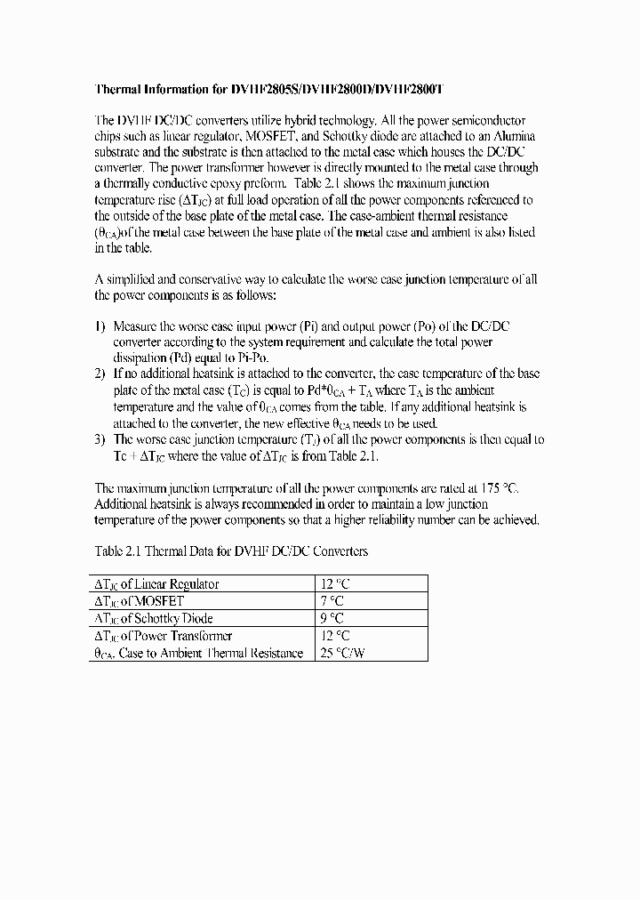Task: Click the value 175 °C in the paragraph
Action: pos(497,487)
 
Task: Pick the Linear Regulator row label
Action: pos(156,584)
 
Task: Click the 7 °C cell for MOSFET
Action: pos(332,601)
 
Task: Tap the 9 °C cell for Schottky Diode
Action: pos(332,618)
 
